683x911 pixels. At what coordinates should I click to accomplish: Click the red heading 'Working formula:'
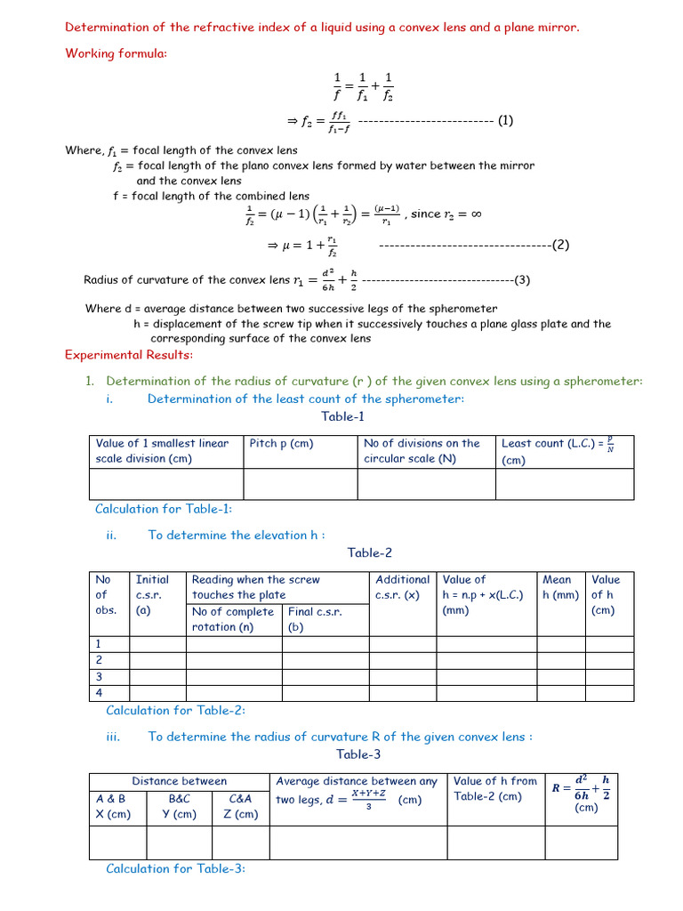point(116,53)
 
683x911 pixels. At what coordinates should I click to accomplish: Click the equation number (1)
point(505,120)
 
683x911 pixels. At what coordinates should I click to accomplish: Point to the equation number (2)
point(560,245)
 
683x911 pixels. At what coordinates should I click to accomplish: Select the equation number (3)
point(522,280)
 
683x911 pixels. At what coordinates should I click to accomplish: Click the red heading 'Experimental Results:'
point(128,356)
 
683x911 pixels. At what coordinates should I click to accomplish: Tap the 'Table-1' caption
point(343,416)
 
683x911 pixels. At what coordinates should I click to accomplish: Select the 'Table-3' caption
point(358,754)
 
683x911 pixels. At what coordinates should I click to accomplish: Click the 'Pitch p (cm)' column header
point(282,443)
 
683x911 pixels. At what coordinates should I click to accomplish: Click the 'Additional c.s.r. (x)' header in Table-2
point(402,587)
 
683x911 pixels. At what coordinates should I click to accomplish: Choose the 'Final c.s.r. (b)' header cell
point(314,619)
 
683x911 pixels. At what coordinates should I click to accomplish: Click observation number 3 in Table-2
point(99,675)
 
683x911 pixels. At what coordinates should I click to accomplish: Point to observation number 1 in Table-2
point(99,643)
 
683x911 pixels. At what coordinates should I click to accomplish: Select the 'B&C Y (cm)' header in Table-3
point(179,806)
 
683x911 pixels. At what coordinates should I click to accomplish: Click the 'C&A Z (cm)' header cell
point(241,806)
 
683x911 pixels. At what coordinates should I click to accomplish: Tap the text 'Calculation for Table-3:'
point(175,869)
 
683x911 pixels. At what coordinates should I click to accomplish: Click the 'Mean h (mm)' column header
point(560,587)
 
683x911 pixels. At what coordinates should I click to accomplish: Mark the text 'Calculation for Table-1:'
point(164,509)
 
